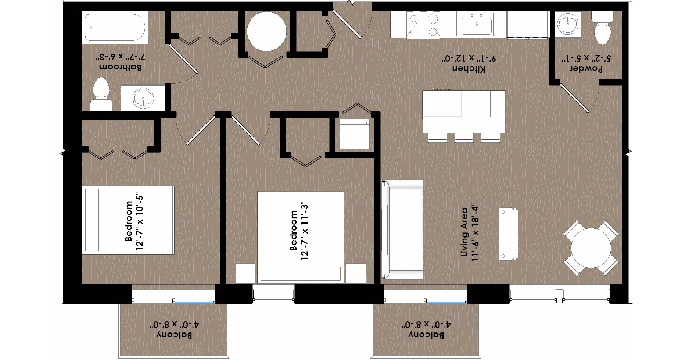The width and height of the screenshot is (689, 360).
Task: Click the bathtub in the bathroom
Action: pyautogui.click(x=115, y=28)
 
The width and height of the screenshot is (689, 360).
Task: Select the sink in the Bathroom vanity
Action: pyautogui.click(x=143, y=98)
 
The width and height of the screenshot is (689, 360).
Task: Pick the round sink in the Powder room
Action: pyautogui.click(x=568, y=24)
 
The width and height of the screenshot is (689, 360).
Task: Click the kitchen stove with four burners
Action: pyautogui.click(x=423, y=24)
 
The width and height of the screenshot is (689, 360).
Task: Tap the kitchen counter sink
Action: pyautogui.click(x=477, y=24)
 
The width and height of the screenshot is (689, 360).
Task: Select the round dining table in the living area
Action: pyautogui.click(x=591, y=247)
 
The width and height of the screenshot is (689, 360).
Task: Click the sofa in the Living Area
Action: pyautogui.click(x=402, y=229)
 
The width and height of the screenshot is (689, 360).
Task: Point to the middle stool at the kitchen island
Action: pyautogui.click(x=464, y=138)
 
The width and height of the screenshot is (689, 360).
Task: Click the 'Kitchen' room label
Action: pyautogui.click(x=469, y=69)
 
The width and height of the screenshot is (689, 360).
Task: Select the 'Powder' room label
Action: pyautogui.click(x=586, y=69)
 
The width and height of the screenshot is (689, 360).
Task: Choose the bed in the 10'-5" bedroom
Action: pyautogui.click(x=128, y=220)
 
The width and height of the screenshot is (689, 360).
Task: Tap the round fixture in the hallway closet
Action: pyautogui.click(x=266, y=32)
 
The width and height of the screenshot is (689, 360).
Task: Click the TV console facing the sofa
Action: pyautogui.click(x=509, y=234)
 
